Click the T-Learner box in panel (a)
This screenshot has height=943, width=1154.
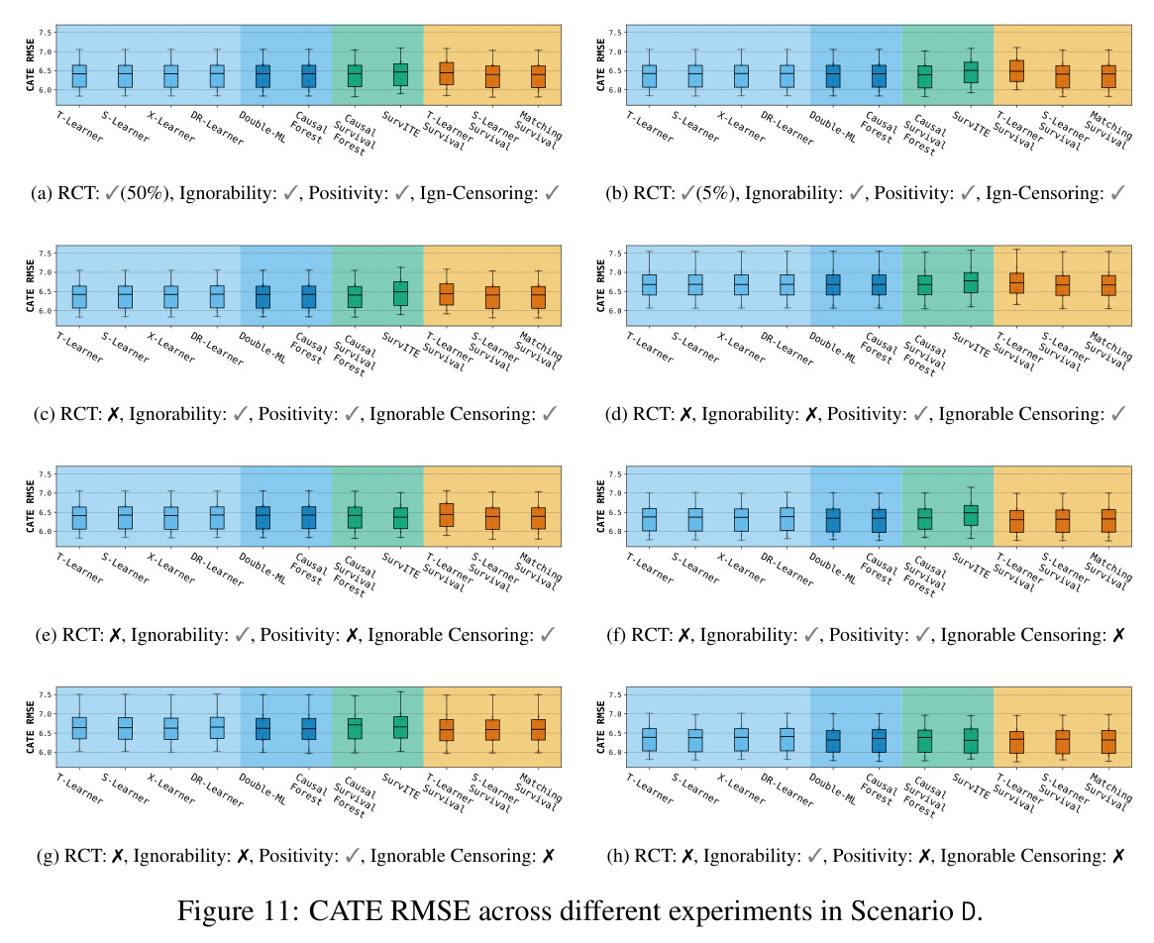click(78, 76)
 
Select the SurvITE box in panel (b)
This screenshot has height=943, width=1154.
click(971, 72)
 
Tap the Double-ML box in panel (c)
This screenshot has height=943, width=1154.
click(262, 296)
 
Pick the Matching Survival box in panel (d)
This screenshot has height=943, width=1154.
click(1108, 285)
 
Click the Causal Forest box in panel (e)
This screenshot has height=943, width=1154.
click(308, 517)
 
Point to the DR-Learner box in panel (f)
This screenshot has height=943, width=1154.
click(787, 519)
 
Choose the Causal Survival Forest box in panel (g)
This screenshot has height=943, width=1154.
click(354, 728)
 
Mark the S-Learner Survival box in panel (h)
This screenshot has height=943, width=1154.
click(1063, 741)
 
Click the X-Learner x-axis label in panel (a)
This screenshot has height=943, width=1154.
click(170, 126)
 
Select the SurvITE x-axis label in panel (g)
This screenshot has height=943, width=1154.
click(401, 786)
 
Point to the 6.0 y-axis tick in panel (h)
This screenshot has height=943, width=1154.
click(615, 753)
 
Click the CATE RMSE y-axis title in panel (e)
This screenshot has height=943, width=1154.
click(30, 506)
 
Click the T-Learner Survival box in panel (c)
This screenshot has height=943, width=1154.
click(446, 294)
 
